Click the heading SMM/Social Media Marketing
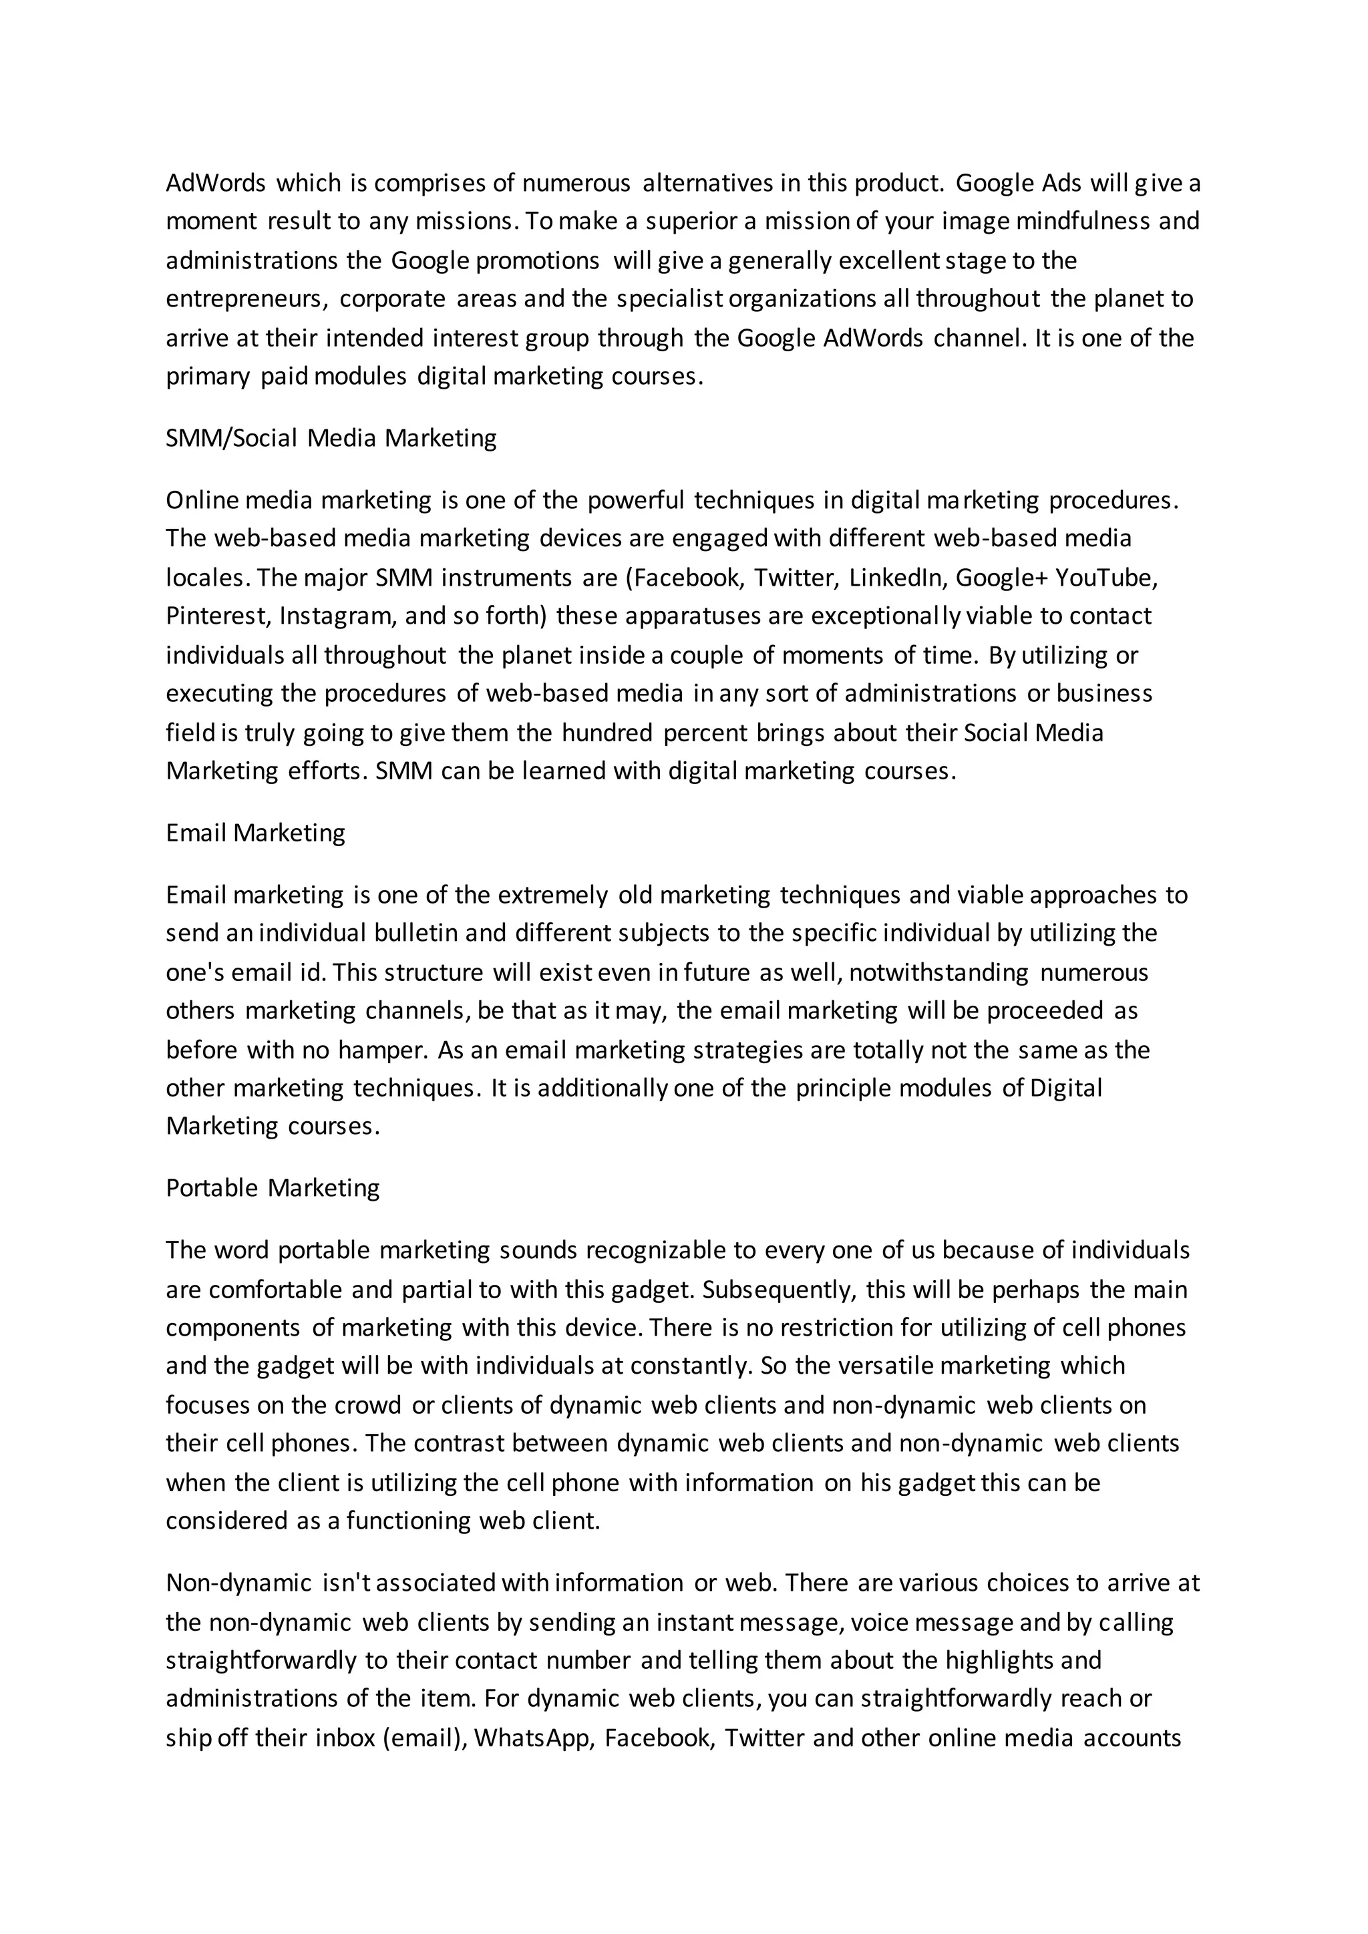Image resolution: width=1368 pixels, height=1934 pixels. [331, 438]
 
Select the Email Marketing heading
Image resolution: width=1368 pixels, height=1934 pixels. [255, 832]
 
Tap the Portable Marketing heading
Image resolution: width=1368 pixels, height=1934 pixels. [272, 1187]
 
